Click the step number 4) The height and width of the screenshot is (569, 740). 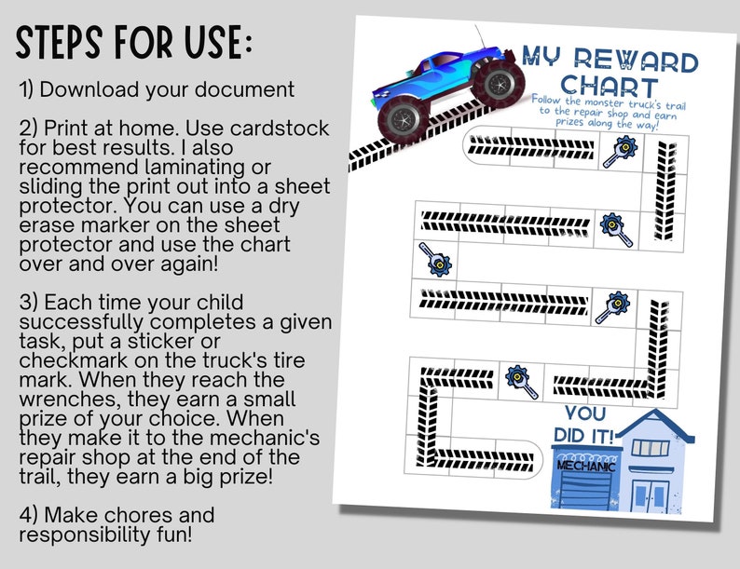pos(28,515)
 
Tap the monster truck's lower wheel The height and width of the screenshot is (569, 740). pos(404,119)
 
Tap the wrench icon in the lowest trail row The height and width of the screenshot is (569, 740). pos(518,380)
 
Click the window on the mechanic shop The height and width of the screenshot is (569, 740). pos(650,448)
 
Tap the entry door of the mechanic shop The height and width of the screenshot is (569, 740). pos(649,492)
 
